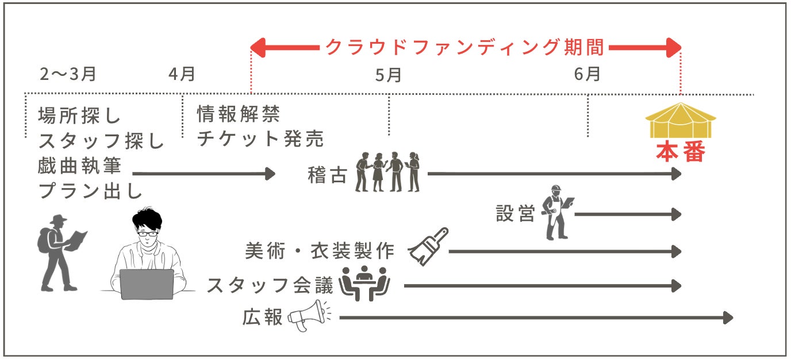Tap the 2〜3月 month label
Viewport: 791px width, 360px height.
click(67, 74)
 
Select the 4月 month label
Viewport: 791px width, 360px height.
click(182, 74)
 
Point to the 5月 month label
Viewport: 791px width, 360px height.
click(388, 75)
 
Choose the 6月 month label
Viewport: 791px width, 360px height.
click(587, 74)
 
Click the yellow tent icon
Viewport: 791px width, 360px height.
click(681, 120)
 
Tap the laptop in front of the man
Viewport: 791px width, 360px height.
click(147, 284)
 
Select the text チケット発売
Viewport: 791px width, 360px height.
click(260, 139)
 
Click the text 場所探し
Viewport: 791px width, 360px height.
click(80, 116)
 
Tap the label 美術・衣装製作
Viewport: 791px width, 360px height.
click(320, 251)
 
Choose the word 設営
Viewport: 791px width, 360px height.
click(515, 214)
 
